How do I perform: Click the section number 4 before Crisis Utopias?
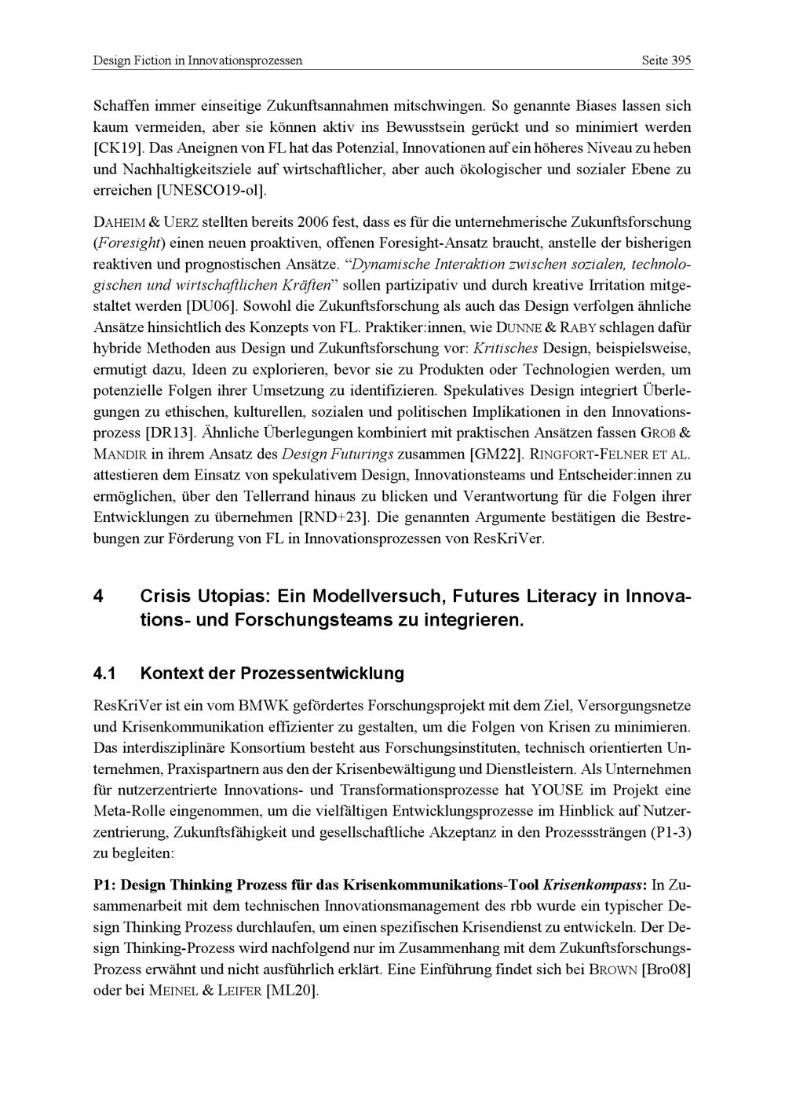98,597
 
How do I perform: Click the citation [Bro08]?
666,969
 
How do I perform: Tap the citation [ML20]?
292,991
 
